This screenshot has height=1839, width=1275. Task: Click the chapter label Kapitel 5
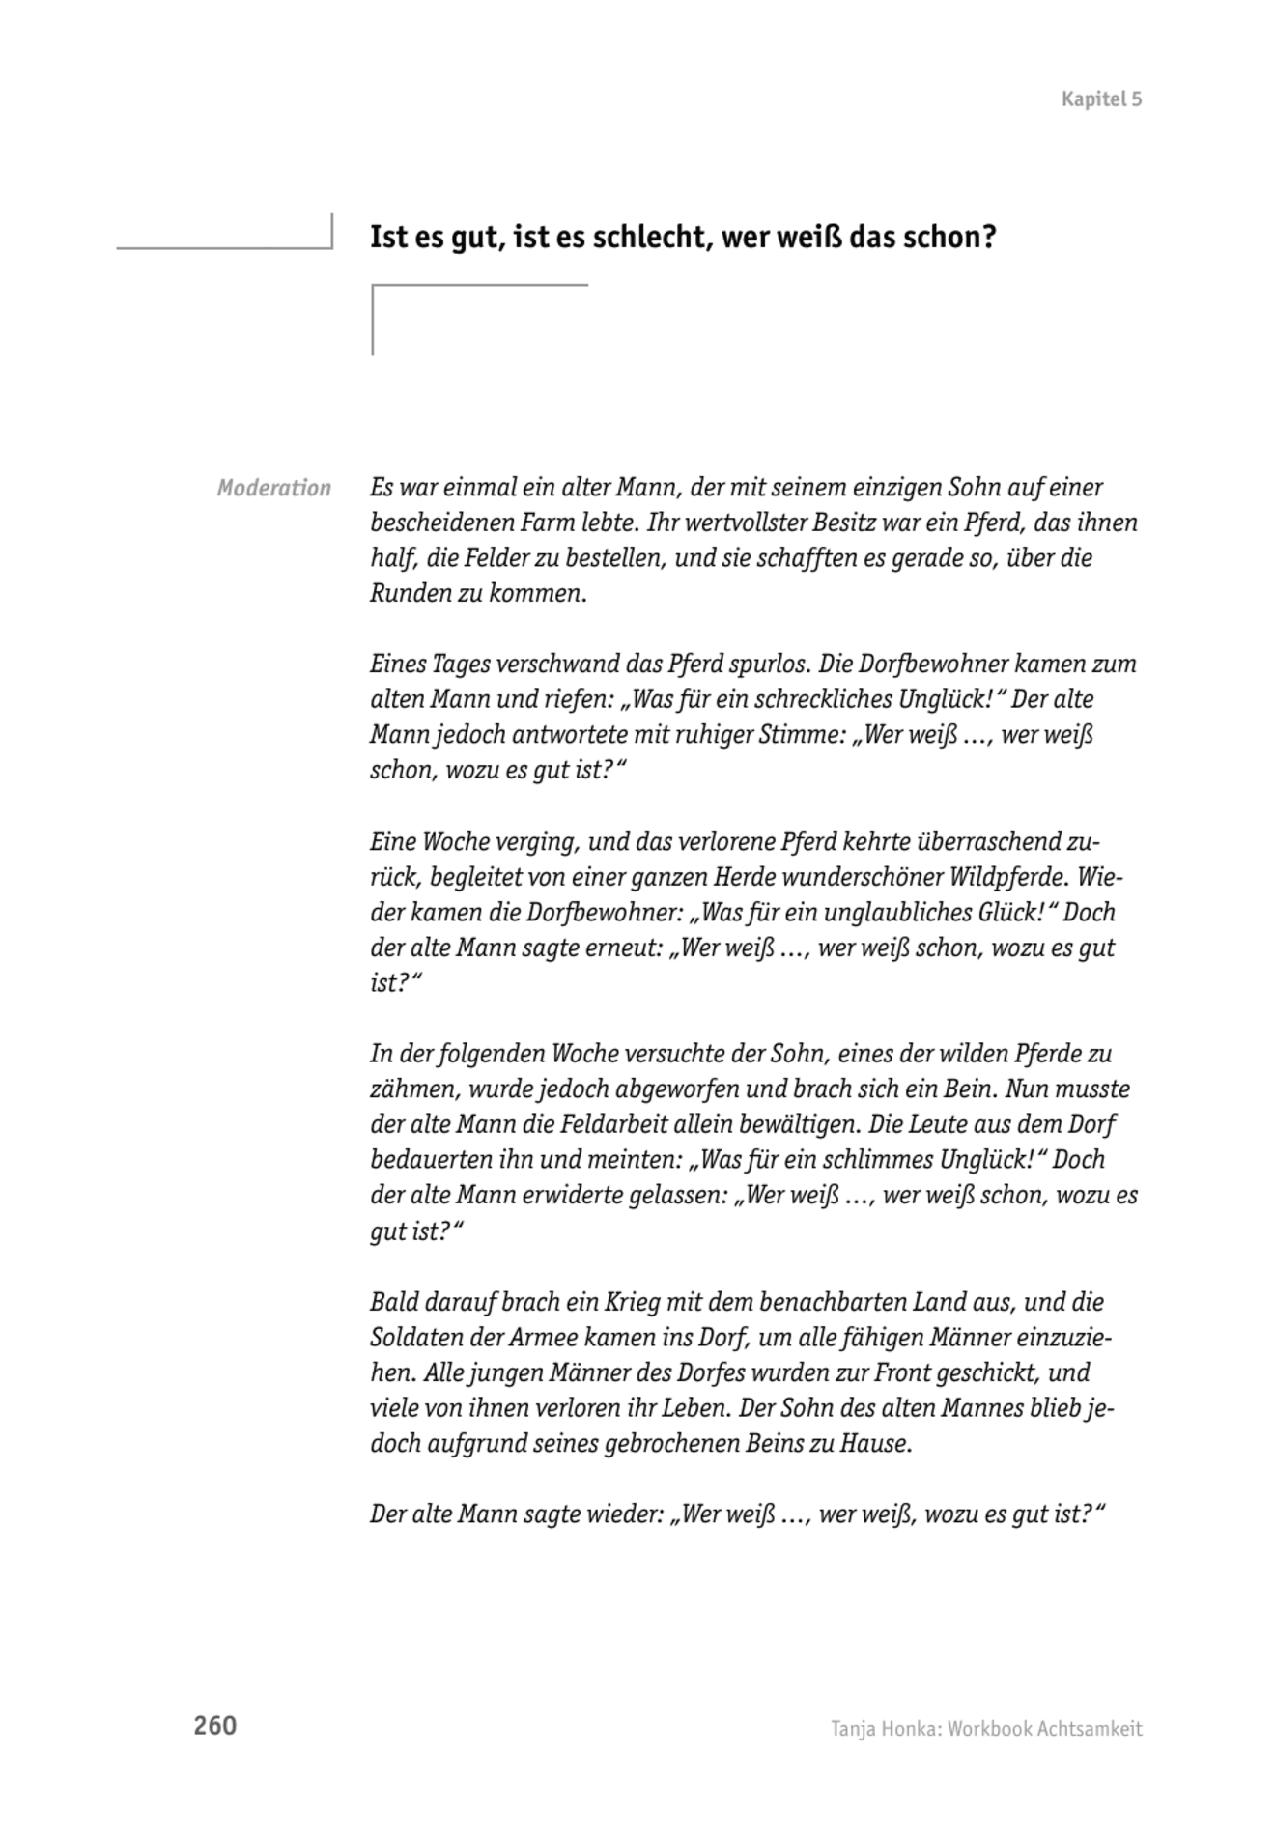(1101, 99)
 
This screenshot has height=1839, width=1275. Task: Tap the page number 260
(214, 1726)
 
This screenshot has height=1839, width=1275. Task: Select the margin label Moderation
(273, 488)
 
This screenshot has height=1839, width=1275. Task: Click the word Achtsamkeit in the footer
(1090, 1729)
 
